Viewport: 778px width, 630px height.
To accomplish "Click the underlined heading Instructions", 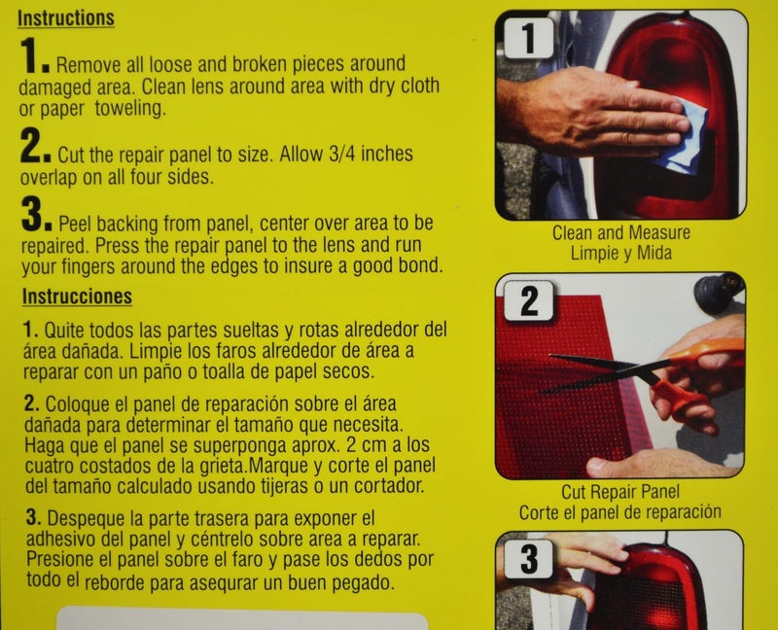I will coord(67,18).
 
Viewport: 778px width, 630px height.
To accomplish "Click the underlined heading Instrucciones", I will coord(76,296).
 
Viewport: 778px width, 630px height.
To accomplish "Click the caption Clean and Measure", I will coord(620,233).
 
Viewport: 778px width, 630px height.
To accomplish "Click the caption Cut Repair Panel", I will coord(619,493).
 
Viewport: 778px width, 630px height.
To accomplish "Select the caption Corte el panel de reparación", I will coord(619,511).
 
